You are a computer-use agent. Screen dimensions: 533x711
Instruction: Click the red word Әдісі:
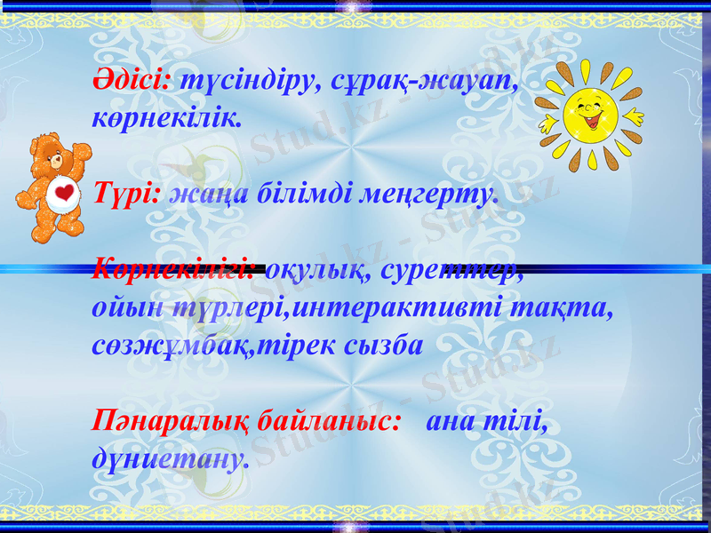pos(133,82)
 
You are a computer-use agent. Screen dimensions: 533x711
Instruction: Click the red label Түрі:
pos(126,194)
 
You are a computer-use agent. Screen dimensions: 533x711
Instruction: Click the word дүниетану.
pos(169,459)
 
